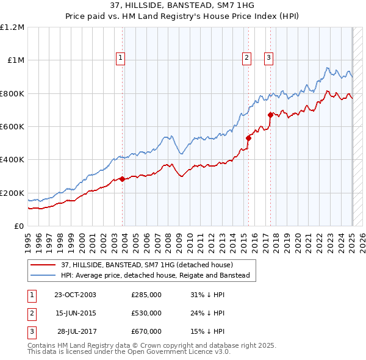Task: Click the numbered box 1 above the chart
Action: click(x=120, y=58)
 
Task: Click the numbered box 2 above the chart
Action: click(x=246, y=58)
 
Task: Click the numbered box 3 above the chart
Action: click(x=268, y=58)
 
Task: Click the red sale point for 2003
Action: click(x=123, y=179)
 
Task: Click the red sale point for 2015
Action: click(x=248, y=138)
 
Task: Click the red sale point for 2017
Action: click(x=270, y=115)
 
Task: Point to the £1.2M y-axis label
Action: click(x=12, y=27)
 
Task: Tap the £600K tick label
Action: click(x=12, y=127)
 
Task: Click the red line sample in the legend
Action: click(x=43, y=265)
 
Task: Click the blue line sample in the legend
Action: click(x=43, y=275)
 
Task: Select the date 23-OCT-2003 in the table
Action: click(x=75, y=295)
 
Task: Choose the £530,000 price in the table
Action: click(x=146, y=313)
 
